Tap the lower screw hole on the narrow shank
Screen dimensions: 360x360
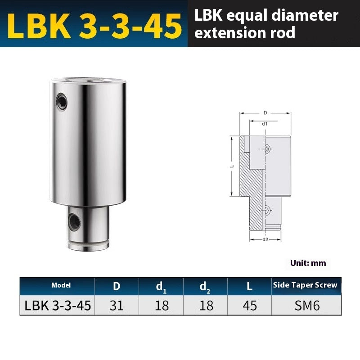click(x=73, y=220)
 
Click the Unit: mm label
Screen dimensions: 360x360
click(x=308, y=263)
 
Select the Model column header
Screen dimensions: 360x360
click(x=57, y=285)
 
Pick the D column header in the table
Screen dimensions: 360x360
click(x=117, y=285)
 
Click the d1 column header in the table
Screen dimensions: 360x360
click(x=161, y=285)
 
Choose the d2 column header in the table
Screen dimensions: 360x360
click(x=206, y=285)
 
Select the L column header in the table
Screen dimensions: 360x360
click(x=250, y=285)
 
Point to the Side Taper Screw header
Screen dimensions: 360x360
click(x=305, y=285)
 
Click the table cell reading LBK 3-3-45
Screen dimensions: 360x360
click(x=57, y=306)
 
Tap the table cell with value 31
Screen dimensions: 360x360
click(x=117, y=306)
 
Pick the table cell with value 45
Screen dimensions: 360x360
click(x=250, y=306)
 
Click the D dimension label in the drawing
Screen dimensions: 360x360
click(x=265, y=113)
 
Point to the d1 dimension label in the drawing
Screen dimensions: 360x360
click(x=265, y=123)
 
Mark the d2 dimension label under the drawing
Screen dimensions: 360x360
click(x=265, y=239)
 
